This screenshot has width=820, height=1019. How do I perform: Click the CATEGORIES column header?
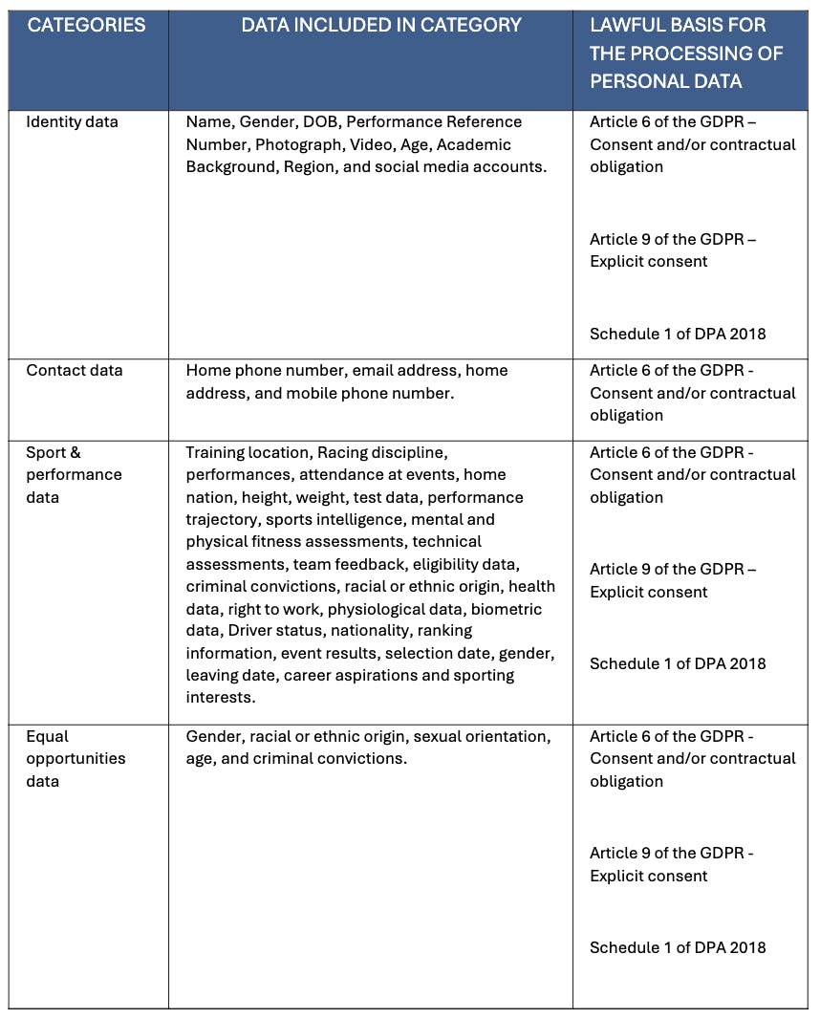86,25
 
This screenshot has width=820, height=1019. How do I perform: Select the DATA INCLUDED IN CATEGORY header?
381,25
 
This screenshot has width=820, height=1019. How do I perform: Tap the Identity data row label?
72,122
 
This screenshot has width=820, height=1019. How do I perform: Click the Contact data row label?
75,371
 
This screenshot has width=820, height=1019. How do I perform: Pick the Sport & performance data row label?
74,475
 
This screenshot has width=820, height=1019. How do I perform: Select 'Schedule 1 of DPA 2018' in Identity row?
678,335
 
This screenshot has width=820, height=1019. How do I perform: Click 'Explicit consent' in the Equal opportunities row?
649,877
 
